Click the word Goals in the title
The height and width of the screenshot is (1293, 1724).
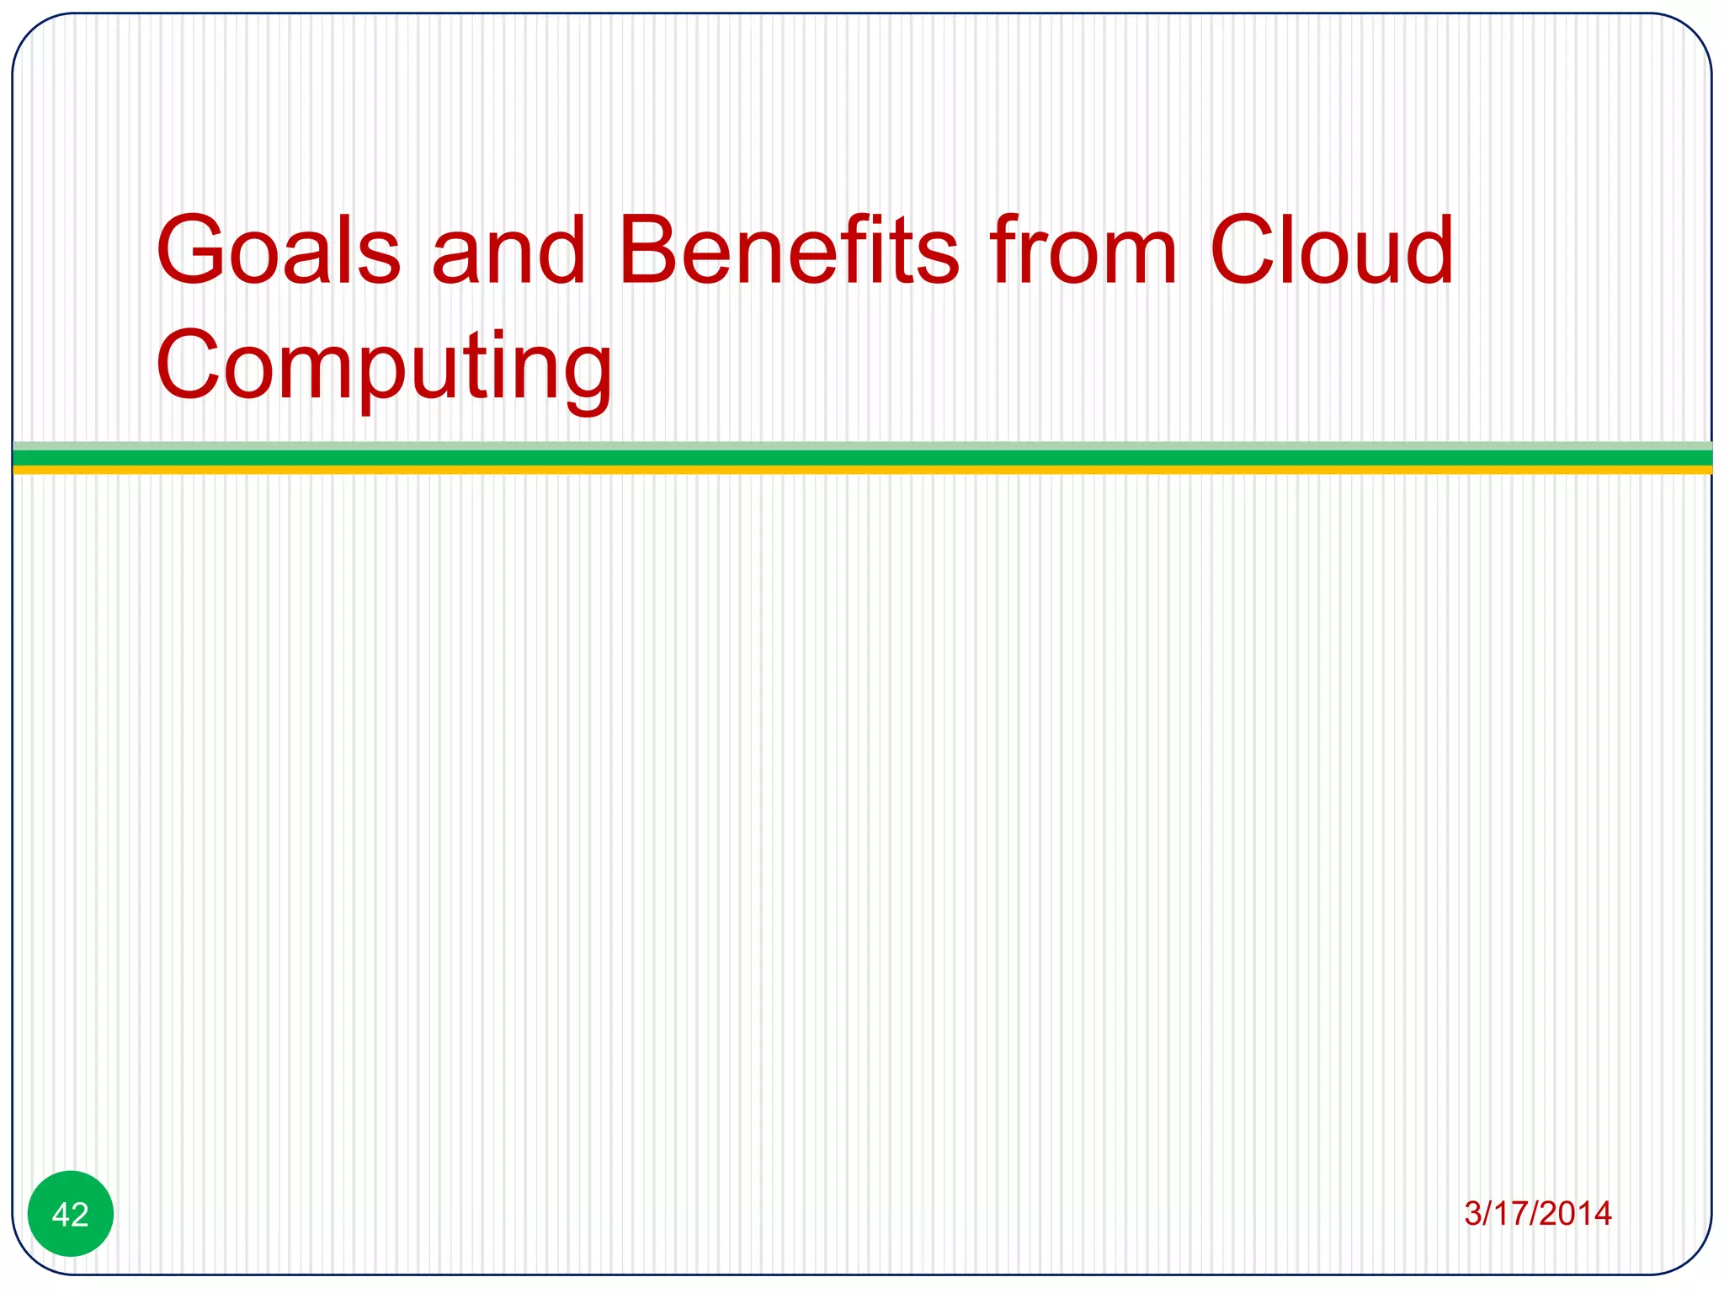[x=279, y=251]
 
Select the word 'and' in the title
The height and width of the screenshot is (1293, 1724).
[x=508, y=251]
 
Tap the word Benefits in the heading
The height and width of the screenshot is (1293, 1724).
[x=788, y=251]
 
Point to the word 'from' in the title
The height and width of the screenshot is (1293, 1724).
[x=1083, y=251]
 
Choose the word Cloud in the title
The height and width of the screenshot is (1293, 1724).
[x=1331, y=251]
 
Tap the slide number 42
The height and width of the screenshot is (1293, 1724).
[x=71, y=1214]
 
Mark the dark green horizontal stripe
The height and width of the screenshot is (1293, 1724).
[x=862, y=457]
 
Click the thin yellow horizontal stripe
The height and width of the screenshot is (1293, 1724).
[x=862, y=470]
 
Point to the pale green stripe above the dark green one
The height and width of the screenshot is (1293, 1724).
[x=862, y=445]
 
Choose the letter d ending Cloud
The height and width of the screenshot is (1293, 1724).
[x=1426, y=251]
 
